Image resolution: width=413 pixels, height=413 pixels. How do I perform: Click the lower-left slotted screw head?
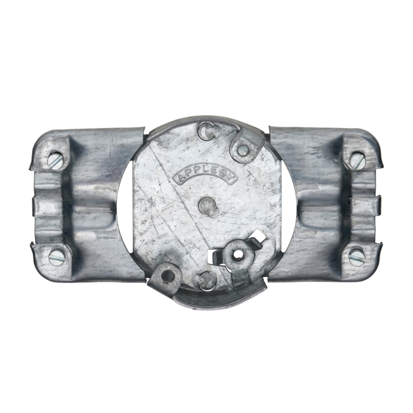point(57,257)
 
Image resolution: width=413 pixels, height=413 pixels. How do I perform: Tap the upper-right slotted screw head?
point(357,159)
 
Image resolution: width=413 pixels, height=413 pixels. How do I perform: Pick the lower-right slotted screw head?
point(356,256)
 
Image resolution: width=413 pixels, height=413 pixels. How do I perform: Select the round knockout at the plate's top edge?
point(206,130)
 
